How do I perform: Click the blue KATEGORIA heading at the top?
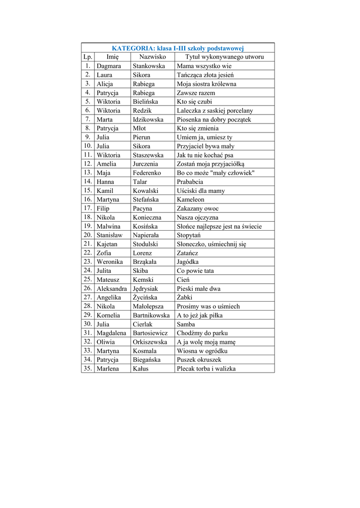tap(177, 48)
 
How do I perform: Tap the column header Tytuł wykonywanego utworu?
tap(224, 57)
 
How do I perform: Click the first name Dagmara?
tap(109, 66)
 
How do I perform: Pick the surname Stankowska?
tap(148, 66)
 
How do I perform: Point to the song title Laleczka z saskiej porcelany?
tap(215, 111)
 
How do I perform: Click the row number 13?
tap(88, 173)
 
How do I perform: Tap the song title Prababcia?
tap(190, 182)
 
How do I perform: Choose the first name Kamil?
tap(105, 191)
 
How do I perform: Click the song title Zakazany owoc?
tap(198, 209)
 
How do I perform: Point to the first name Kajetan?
tap(107, 244)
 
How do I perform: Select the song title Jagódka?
tap(188, 262)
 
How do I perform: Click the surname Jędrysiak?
tap(145, 289)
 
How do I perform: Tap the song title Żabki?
tap(184, 298)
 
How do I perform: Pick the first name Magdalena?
tap(111, 333)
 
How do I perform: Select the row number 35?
tap(88, 369)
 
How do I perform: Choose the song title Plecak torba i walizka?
tap(206, 369)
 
